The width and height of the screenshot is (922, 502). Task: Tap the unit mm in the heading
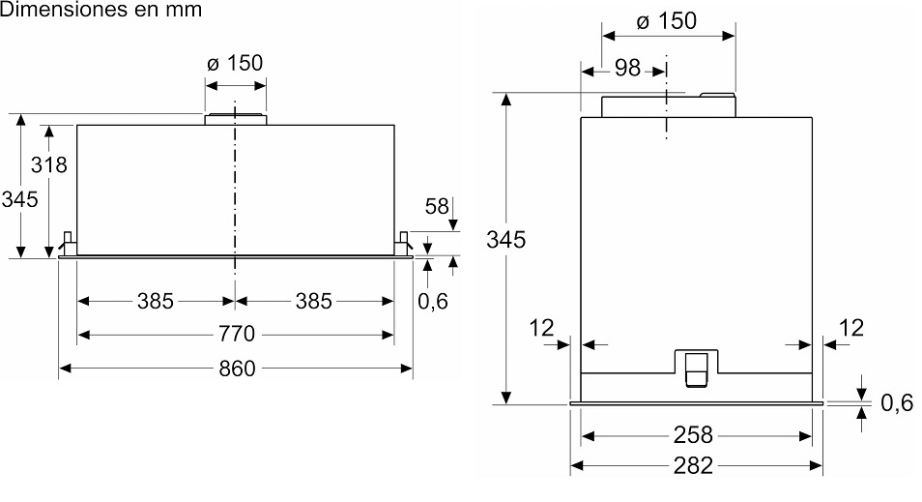pos(183,11)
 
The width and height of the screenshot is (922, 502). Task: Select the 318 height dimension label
pos(48,164)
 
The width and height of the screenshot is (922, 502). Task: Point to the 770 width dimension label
pos(235,335)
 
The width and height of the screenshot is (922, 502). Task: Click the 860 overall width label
pos(235,369)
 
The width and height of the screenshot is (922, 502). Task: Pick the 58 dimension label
pos(438,206)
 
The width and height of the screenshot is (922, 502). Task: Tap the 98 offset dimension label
pos(627,68)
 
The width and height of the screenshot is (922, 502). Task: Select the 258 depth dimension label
pos(693,433)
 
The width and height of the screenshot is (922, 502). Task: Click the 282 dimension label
pos(693,465)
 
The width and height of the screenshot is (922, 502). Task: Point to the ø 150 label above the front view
pos(235,63)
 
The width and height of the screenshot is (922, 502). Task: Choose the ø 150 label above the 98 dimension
pos(667,20)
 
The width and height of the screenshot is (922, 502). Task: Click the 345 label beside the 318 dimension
pos(19,199)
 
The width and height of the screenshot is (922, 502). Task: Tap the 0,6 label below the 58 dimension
pos(433,301)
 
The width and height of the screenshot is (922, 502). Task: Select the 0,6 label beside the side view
pos(897,403)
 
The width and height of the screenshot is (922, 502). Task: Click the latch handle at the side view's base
pos(696,369)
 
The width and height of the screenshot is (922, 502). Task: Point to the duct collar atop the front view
pos(235,118)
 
